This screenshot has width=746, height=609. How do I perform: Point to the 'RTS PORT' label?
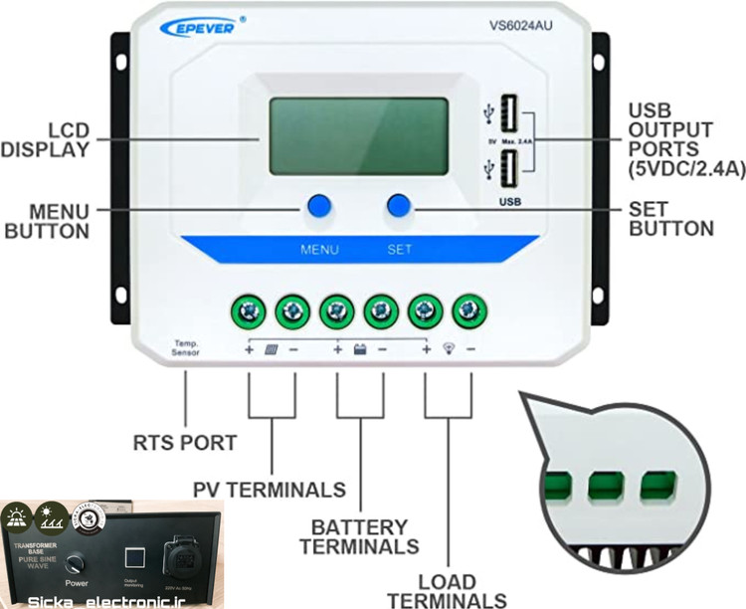pyautogui.click(x=186, y=442)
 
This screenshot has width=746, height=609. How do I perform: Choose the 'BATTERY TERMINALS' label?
pyautogui.click(x=359, y=536)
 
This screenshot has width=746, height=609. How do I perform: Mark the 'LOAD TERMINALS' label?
pyautogui.click(x=447, y=590)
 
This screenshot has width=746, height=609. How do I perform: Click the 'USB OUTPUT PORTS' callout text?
pyautogui.click(x=685, y=139)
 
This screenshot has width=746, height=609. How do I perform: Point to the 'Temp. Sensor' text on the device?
pyautogui.click(x=186, y=347)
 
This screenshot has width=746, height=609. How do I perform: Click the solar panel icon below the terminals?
pyautogui.click(x=271, y=350)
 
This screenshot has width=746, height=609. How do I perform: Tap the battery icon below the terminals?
pyautogui.click(x=359, y=350)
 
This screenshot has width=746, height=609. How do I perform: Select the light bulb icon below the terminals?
pyautogui.click(x=448, y=350)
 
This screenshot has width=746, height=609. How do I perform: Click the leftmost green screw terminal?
pyautogui.click(x=248, y=312)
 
